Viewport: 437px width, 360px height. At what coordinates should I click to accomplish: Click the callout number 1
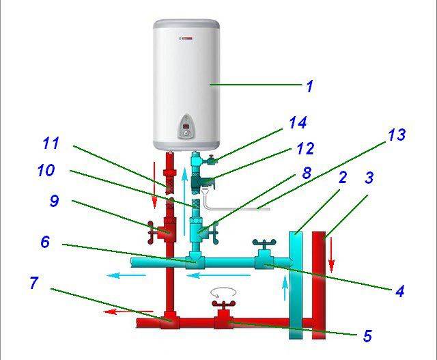(x=309, y=86)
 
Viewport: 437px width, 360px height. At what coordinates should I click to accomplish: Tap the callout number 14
(x=298, y=122)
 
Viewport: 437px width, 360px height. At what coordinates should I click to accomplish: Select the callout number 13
(x=396, y=135)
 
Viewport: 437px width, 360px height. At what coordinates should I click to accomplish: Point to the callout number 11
(x=51, y=145)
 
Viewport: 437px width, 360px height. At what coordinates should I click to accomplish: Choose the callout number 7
(x=33, y=281)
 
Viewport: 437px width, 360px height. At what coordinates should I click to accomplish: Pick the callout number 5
(x=368, y=335)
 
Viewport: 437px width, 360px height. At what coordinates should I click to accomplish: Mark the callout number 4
(x=399, y=292)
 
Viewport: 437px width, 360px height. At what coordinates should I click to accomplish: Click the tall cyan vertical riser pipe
(x=296, y=287)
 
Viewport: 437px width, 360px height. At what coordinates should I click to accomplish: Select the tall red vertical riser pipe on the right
(x=319, y=287)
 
